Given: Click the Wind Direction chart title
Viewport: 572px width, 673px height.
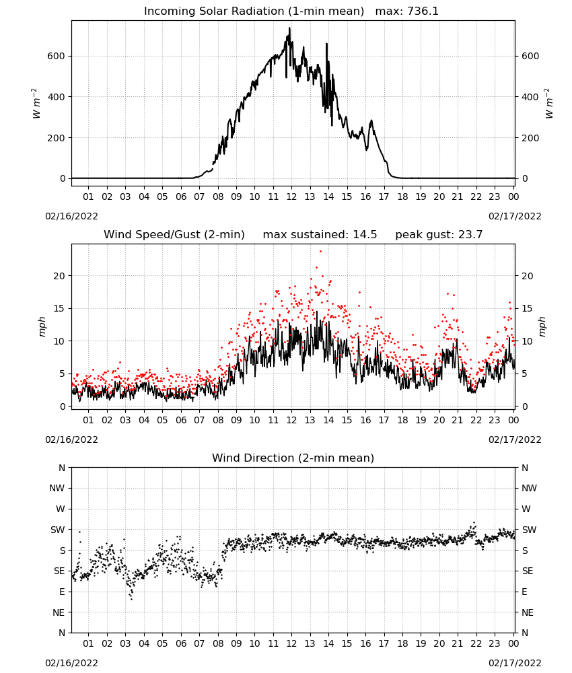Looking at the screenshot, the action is (x=293, y=458).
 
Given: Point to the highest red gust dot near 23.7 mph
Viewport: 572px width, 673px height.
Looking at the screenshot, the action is (x=320, y=252).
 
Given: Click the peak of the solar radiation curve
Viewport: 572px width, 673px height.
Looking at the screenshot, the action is (x=289, y=28).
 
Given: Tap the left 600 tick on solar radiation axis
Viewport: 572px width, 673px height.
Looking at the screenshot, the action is (x=57, y=57).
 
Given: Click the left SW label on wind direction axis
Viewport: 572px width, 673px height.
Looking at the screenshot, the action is (x=58, y=530).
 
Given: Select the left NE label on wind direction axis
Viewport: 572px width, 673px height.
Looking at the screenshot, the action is (x=59, y=612).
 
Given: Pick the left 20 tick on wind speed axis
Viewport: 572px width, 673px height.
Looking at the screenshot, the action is (x=59, y=276).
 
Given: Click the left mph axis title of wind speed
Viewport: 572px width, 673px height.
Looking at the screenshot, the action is (x=42, y=326).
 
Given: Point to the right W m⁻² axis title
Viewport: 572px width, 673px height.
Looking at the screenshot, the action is (x=549, y=104).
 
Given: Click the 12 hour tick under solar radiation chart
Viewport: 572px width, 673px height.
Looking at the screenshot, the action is (x=291, y=197).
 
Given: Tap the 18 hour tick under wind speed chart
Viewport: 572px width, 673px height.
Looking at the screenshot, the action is (x=402, y=420).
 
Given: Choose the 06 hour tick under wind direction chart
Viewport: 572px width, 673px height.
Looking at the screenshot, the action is (x=180, y=643).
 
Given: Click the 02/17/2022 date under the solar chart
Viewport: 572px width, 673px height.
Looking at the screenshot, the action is (x=515, y=216).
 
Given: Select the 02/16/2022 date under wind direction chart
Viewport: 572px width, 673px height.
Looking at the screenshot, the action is (x=71, y=663).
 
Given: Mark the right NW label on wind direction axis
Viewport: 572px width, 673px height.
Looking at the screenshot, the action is (x=529, y=488).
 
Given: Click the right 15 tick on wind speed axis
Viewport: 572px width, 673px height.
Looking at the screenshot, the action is (x=527, y=309).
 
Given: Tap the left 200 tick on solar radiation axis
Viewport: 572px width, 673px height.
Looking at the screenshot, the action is (x=57, y=138).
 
